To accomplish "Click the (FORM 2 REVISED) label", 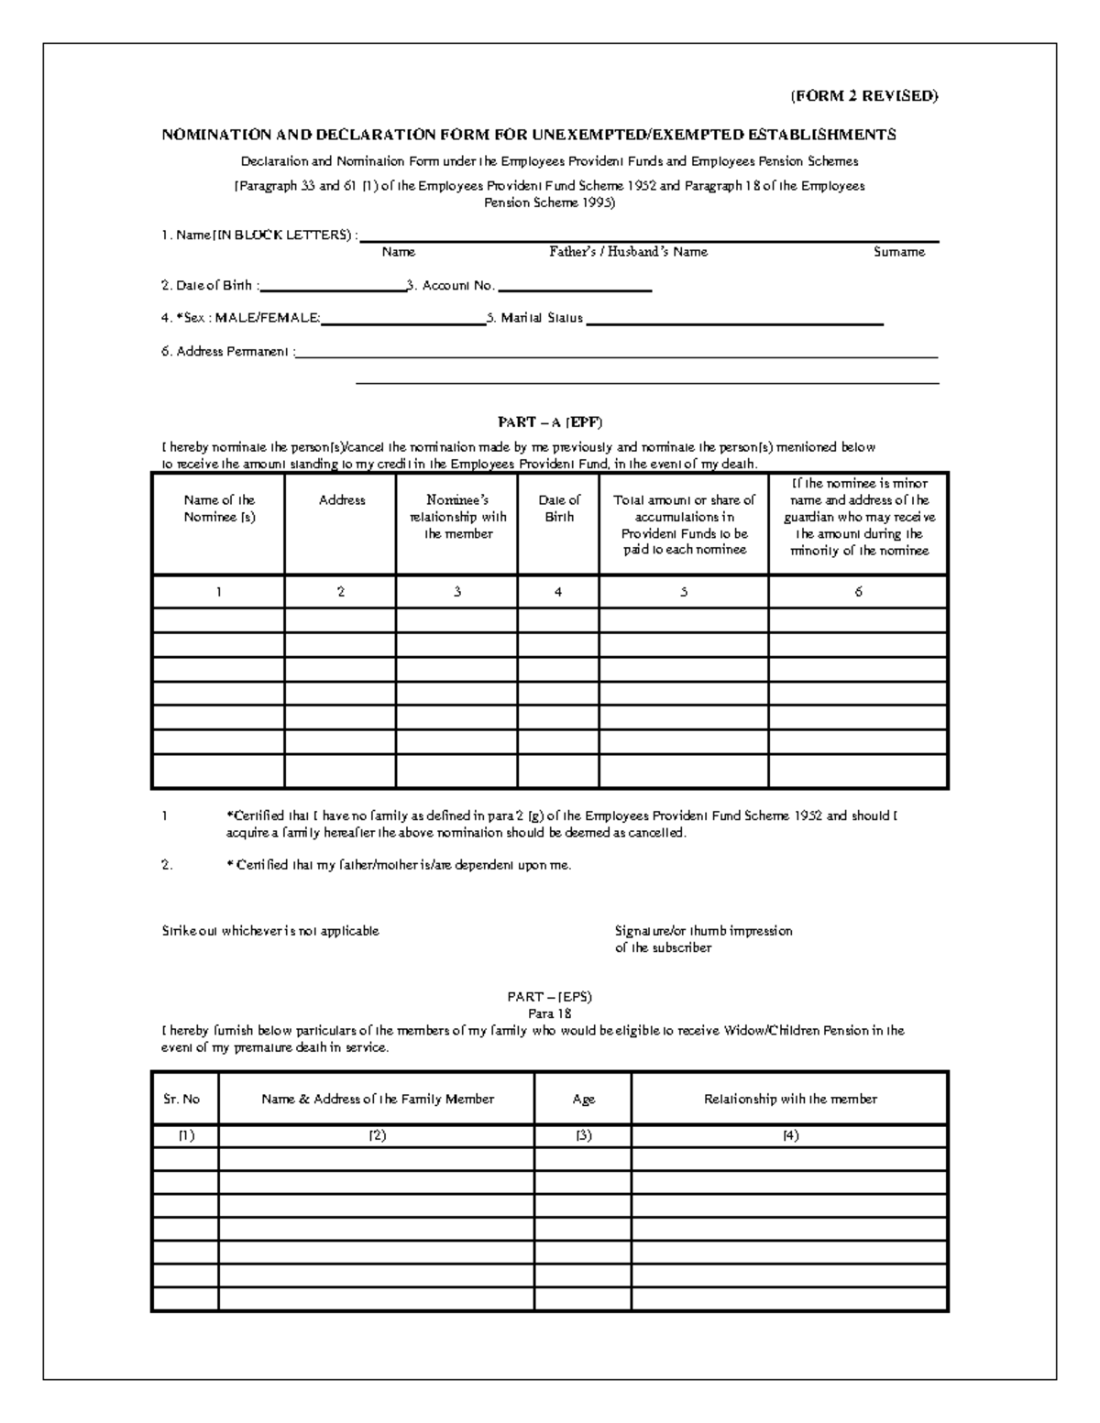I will (863, 96).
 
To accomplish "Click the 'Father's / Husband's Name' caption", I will (628, 252).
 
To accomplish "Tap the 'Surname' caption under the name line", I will (898, 252).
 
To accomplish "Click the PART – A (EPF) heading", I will (550, 422).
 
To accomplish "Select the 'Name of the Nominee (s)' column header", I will (219, 509).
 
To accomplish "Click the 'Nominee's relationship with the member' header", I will (457, 517).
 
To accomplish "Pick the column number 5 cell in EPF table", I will (684, 592).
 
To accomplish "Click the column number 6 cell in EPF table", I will (858, 592).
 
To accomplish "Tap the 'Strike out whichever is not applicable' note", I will (270, 931).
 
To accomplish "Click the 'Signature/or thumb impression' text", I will (703, 931).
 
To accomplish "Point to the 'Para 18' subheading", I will (550, 1013).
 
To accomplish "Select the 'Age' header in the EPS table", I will (583, 1100).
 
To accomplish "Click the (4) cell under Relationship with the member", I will (790, 1135).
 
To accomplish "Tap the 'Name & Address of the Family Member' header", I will (378, 1100).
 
